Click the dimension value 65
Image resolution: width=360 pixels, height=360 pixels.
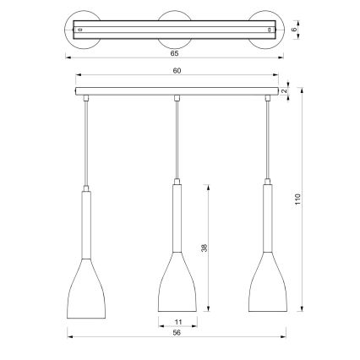click(x=176, y=52)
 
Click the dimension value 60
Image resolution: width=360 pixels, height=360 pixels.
click(x=176, y=71)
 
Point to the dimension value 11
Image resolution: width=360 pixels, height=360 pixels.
click(x=177, y=322)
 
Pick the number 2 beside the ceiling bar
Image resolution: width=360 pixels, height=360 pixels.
click(x=286, y=87)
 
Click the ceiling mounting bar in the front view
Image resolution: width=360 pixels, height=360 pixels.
click(x=176, y=89)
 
